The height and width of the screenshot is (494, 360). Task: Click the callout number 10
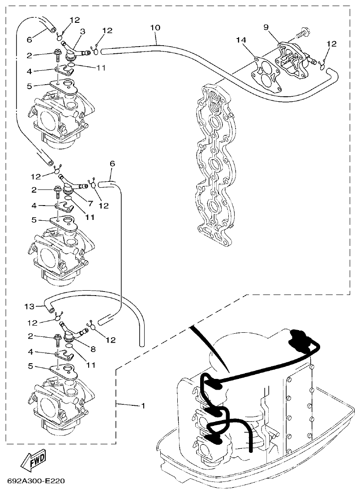154,28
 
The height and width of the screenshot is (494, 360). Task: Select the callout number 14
242,41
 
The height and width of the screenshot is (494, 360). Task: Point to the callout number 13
29,306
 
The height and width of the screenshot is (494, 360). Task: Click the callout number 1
143,406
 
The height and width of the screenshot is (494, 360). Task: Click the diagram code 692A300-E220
36,482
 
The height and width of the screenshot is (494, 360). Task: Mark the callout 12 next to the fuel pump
331,44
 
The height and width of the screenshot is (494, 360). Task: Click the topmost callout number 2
29,55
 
